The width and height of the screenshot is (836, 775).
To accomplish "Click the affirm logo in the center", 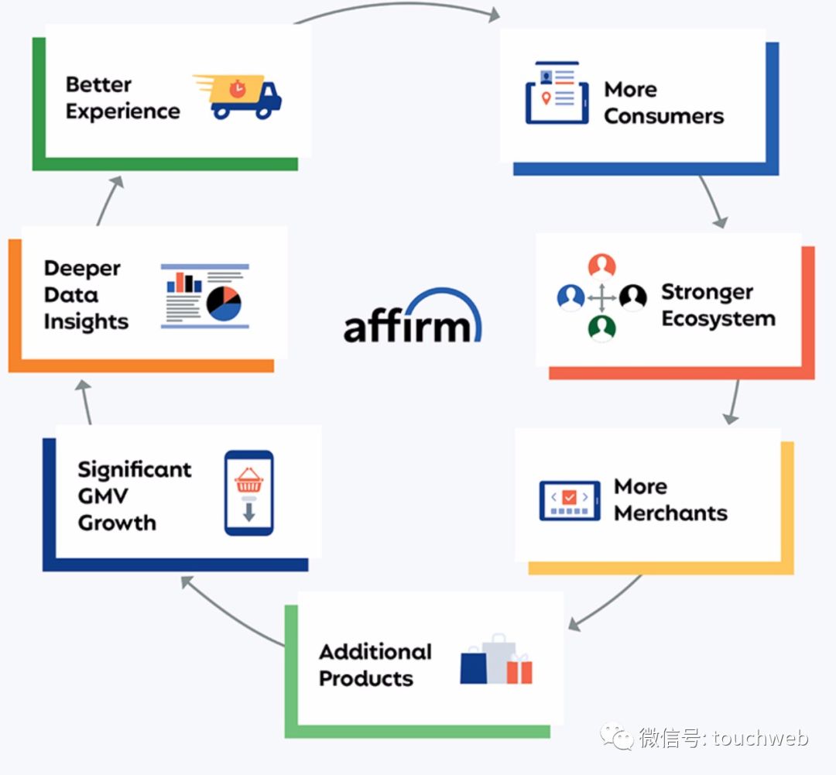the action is [412, 317].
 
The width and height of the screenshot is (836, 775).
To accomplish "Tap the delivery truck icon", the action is [238, 97].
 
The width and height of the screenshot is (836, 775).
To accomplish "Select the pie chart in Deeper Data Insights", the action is [224, 303].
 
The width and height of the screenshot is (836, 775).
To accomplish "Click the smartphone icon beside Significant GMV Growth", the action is [249, 493].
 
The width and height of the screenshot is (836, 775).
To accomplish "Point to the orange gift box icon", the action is [519, 670].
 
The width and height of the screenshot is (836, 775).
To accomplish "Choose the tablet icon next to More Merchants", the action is [570, 500].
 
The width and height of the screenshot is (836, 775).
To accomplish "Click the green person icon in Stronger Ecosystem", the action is [602, 327].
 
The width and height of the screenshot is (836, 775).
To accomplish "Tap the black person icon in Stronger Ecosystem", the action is [633, 297].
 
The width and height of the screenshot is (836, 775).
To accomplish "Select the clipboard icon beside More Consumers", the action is [557, 93].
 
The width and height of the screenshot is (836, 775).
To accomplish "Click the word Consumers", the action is [664, 116].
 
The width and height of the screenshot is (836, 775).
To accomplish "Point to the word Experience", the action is [122, 112].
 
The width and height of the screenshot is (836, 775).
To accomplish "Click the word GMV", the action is [103, 496].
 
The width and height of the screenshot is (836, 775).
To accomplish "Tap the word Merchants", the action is [670, 513].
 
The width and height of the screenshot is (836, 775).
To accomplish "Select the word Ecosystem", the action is [718, 319].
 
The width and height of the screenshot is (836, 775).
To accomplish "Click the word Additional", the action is [375, 652].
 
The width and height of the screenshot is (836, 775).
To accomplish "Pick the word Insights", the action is [87, 322].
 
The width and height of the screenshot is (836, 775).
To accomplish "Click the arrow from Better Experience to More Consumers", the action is [398, 5].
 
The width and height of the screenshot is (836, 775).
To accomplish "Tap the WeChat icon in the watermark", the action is [617, 736].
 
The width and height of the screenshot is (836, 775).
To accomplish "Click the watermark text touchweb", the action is [760, 738].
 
